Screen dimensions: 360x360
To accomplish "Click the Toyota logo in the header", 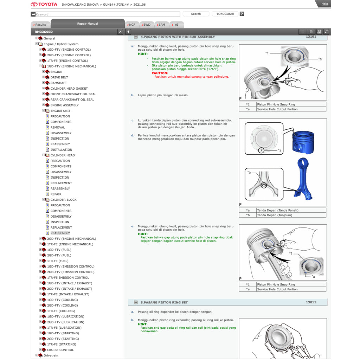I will pyautogui.click(x=44, y=5).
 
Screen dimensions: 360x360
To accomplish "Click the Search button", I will pyautogui.click(x=196, y=14).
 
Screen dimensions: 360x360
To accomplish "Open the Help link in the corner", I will pyautogui.click(x=324, y=4).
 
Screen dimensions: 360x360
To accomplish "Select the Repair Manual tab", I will pyautogui.click(x=88, y=24).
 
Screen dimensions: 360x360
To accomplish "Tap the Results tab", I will pyautogui.click(x=40, y=25).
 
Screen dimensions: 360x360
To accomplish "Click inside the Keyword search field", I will pyautogui.click(x=105, y=14).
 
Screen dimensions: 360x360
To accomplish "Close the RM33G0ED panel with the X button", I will pyautogui.click(x=120, y=32).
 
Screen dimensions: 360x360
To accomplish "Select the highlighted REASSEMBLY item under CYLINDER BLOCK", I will pyautogui.click(x=60, y=233).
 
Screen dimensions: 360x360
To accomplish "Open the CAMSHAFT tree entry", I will pyautogui.click(x=58, y=83).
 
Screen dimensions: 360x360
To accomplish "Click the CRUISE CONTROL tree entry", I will pyautogui.click(x=60, y=350).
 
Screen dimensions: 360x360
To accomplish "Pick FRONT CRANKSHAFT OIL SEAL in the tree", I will pyautogui.click(x=73, y=94).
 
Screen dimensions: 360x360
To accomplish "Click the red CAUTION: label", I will pyautogui.click(x=160, y=73).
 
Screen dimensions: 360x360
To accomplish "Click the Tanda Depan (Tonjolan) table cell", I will pyautogui.click(x=274, y=215).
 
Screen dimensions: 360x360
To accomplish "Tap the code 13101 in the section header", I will pyautogui.click(x=311, y=37).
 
